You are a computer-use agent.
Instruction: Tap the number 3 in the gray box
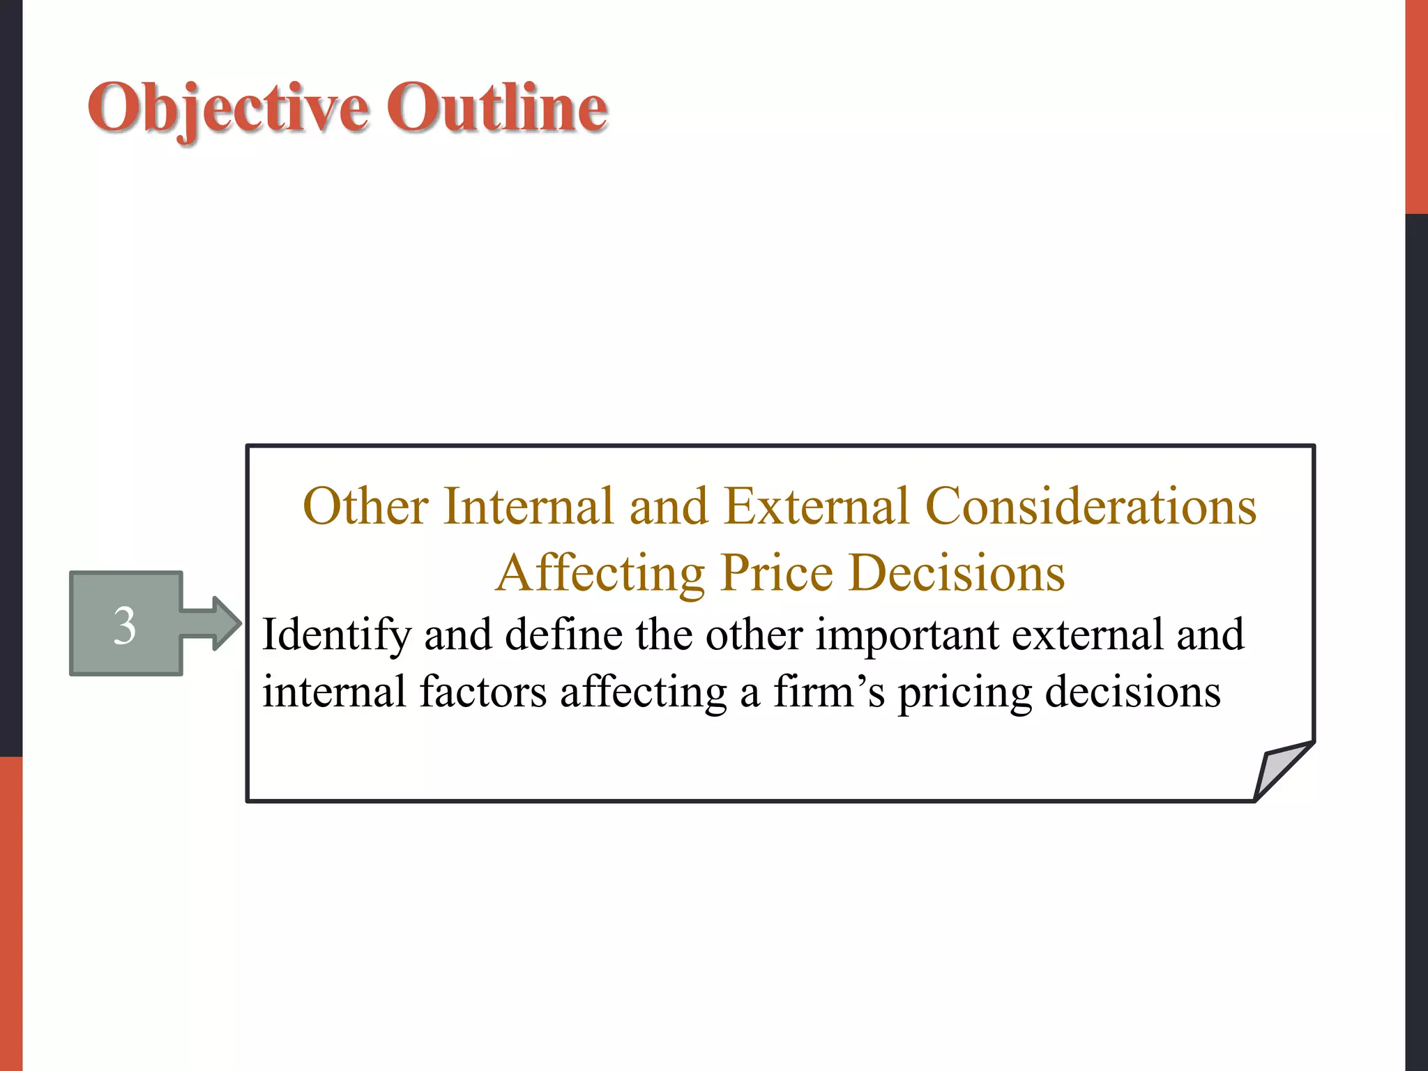(125, 625)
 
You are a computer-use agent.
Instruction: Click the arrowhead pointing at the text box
(225, 623)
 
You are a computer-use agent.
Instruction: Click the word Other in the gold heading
(365, 506)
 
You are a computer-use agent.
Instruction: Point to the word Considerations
(1091, 506)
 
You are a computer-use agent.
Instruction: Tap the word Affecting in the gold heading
(600, 573)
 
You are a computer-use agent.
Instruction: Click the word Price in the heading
(777, 573)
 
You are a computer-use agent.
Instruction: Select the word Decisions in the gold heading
(957, 573)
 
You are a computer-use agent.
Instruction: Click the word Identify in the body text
(336, 635)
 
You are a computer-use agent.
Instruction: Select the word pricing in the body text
(964, 693)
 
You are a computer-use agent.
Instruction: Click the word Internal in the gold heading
(528, 506)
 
